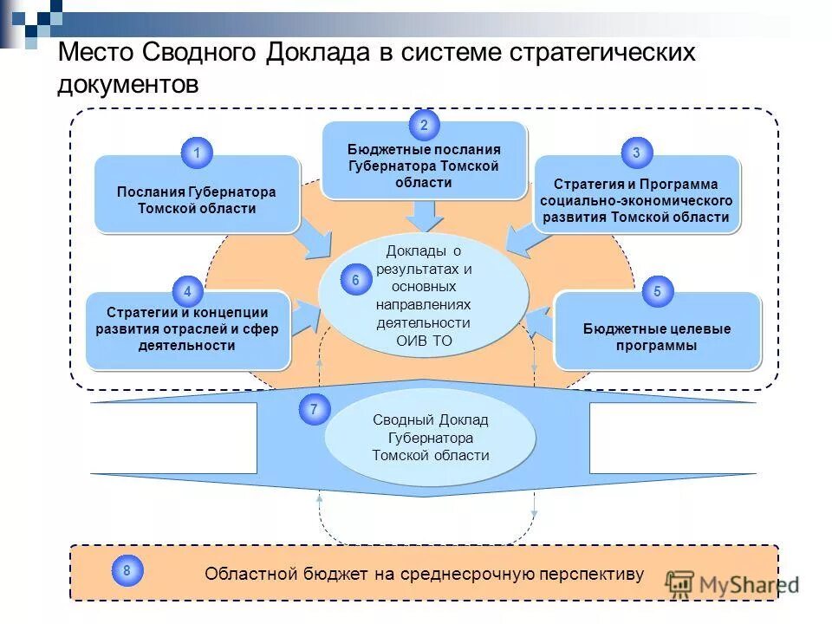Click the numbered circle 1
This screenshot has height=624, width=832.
197,153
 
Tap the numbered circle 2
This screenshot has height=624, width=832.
424,126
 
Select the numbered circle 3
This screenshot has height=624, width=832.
636,153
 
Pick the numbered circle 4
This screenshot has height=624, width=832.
187,292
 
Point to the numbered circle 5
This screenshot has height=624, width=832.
657,292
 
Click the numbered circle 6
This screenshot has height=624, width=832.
355,281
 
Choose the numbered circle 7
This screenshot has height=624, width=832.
314,409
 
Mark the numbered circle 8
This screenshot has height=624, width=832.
127,570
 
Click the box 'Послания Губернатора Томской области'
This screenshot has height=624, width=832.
197,199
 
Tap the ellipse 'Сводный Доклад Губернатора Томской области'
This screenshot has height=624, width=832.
430,438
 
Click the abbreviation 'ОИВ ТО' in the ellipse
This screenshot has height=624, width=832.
424,341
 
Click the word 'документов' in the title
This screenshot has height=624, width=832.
128,85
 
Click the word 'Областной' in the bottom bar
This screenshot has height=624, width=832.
245,574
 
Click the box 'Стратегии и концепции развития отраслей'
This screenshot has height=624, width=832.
187,330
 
